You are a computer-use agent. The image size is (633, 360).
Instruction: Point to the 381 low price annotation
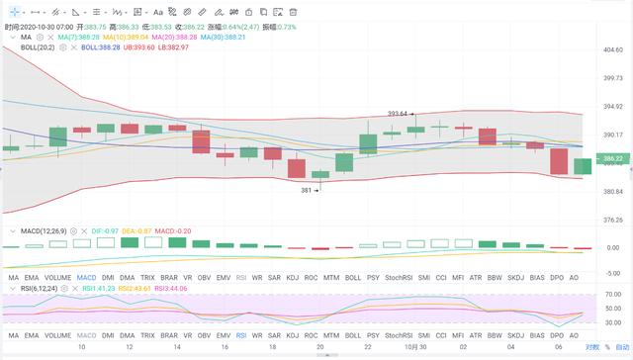308,190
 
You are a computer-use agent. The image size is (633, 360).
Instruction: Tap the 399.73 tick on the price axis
613,77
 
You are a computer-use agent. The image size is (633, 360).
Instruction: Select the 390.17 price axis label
613,135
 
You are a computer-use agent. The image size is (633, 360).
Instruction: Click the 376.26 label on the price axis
613,220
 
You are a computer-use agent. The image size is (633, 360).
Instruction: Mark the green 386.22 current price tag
613,158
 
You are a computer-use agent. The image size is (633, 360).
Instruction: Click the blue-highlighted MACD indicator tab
87,279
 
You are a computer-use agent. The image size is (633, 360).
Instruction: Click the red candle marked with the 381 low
296,168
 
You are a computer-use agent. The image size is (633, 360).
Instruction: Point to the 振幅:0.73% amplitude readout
290,26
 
